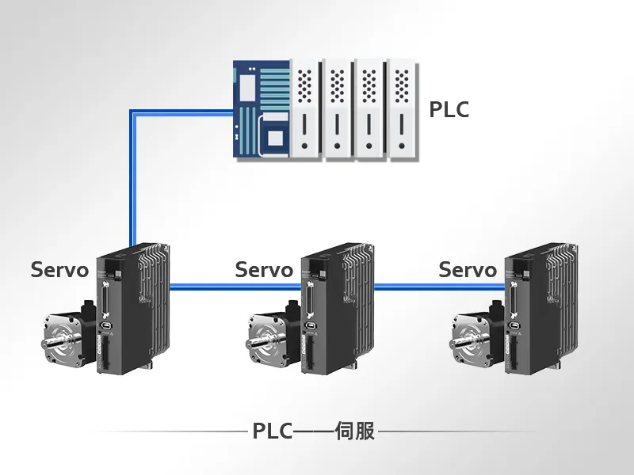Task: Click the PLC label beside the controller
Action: point(449,109)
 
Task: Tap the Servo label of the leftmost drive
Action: point(59,269)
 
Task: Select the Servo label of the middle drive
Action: point(264,269)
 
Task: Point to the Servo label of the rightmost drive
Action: point(468,269)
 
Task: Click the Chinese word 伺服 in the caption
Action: point(355,431)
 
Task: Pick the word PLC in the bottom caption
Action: point(272,431)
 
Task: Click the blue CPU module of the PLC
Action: point(262,108)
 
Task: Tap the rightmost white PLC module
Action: point(402,109)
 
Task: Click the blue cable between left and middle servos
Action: point(235,287)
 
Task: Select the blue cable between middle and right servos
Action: point(440,287)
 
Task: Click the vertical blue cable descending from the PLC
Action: point(133,177)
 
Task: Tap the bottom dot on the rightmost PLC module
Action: point(402,146)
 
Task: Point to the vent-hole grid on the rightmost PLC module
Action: point(402,86)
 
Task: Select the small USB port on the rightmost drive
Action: point(514,325)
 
